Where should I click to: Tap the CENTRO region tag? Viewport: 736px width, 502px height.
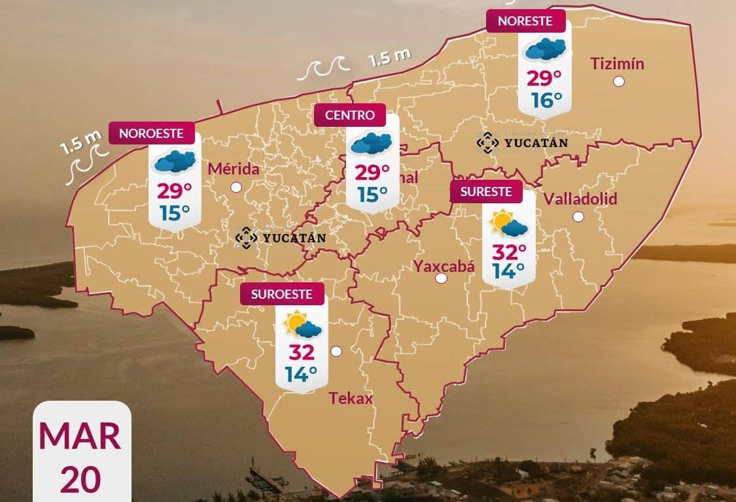pos(350,116)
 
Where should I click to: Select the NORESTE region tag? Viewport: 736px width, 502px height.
pos(525,21)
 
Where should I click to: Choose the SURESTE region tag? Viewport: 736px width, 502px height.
pos(486,192)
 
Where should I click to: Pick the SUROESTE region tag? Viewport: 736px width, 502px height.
pos(281,294)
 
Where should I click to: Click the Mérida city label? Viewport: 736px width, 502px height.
pos(234,169)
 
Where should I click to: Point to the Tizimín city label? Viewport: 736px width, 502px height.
pos(617,63)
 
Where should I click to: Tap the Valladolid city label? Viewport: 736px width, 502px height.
pos(580,199)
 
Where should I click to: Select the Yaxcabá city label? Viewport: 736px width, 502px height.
pos(444,265)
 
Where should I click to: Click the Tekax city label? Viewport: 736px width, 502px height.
pos(351,398)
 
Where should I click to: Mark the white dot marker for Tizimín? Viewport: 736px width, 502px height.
pos(618,82)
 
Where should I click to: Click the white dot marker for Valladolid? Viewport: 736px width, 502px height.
pos(578,216)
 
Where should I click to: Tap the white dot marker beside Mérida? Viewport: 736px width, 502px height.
pos(236,187)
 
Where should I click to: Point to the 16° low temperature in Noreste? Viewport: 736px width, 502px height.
pos(546,101)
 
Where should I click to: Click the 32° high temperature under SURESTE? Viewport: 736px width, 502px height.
pos(509,252)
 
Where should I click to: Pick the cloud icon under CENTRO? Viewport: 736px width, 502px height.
pos(371,142)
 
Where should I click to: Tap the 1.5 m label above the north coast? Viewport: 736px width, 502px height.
pos(390,58)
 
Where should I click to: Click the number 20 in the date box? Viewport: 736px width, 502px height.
pos(80,479)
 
